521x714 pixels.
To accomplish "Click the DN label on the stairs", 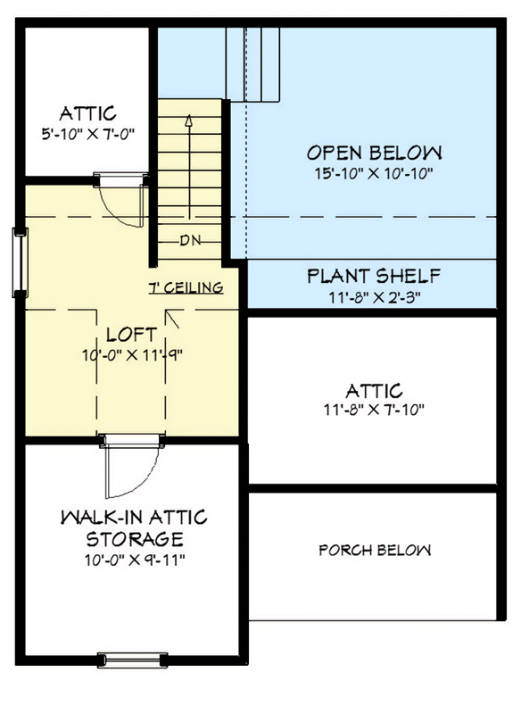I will [x=189, y=239].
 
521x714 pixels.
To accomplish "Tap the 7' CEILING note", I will [x=185, y=288].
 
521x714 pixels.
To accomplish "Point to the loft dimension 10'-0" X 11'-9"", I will [x=132, y=354].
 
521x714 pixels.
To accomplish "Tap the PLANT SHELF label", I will [x=374, y=276].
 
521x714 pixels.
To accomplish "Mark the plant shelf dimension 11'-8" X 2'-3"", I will [x=374, y=296].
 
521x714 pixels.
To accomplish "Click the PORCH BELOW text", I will [x=375, y=550].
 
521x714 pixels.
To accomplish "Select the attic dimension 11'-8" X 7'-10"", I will [x=374, y=411].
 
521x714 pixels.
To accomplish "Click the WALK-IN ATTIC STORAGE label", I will [x=134, y=528].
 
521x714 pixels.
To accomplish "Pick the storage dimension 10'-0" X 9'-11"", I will [x=134, y=560].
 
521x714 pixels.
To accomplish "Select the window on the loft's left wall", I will [x=19, y=259].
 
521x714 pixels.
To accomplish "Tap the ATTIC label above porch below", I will [x=374, y=390].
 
